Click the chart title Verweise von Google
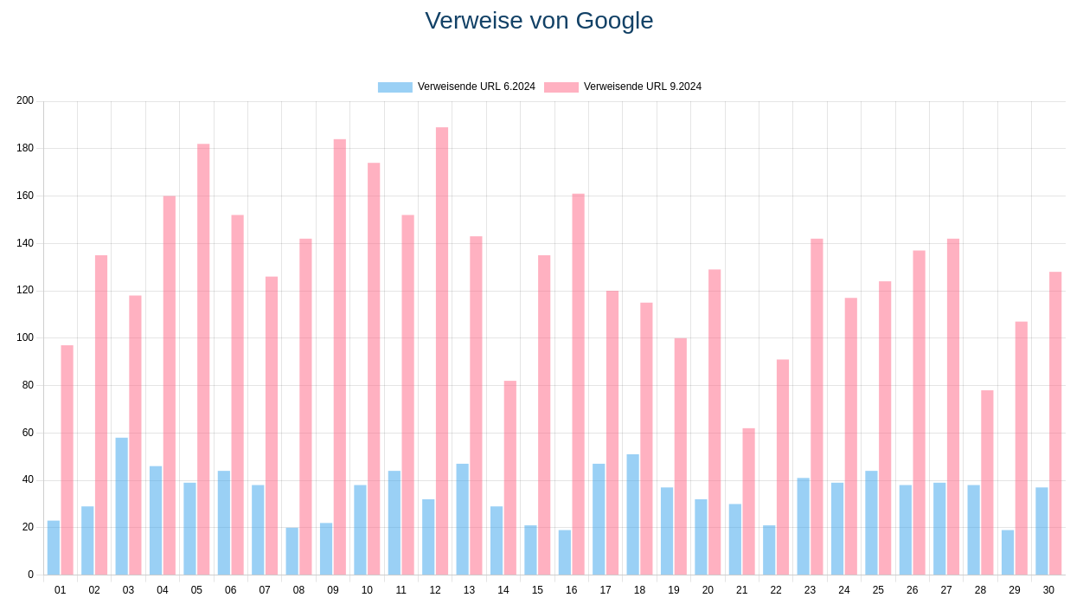pyautogui.click(x=539, y=21)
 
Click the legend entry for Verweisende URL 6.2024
pyautogui.click(x=457, y=87)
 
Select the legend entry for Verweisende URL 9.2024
pyautogui.click(x=623, y=87)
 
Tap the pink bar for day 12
pyautogui.click(x=442, y=350)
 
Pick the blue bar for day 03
pyautogui.click(x=122, y=506)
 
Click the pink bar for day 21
pyautogui.click(x=748, y=501)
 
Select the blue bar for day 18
pyautogui.click(x=633, y=514)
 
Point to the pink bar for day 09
pyautogui.click(x=340, y=357)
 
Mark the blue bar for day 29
pyautogui.click(x=1008, y=552)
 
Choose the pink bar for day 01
pyautogui.click(x=67, y=459)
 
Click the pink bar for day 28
pyautogui.click(x=987, y=482)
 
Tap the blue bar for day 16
pyautogui.click(x=565, y=552)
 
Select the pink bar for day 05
pyautogui.click(x=203, y=359)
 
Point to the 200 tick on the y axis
pyautogui.click(x=25, y=100)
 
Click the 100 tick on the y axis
pyautogui.click(x=25, y=337)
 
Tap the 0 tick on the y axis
pyautogui.click(x=30, y=575)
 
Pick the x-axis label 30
pyautogui.click(x=1048, y=590)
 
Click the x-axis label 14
pyautogui.click(x=503, y=590)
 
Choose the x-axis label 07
pyautogui.click(x=265, y=590)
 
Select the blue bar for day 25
pyautogui.click(x=871, y=523)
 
